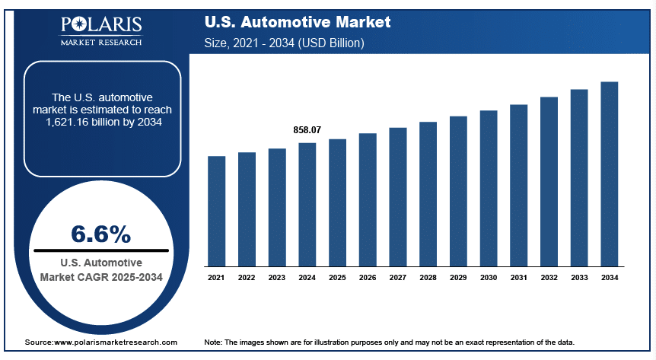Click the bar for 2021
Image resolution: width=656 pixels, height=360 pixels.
(216, 212)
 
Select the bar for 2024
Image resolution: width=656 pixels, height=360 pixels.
(307, 205)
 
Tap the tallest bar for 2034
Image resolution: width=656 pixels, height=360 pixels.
(610, 174)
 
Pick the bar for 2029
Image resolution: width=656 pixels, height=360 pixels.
(458, 192)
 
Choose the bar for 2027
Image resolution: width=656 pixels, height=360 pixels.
(398, 197)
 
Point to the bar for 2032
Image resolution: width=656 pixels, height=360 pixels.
(549, 182)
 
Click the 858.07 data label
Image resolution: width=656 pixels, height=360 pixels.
(307, 131)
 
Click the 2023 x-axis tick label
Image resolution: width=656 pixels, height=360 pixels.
(277, 279)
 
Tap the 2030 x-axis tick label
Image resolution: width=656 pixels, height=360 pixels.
(489, 279)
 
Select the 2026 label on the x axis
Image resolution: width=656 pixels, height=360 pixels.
(368, 279)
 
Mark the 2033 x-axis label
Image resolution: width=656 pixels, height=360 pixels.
(579, 279)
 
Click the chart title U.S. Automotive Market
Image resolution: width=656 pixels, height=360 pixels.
(298, 22)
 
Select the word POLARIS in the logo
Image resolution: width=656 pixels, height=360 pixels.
(100, 26)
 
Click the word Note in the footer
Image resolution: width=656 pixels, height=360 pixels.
(214, 343)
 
